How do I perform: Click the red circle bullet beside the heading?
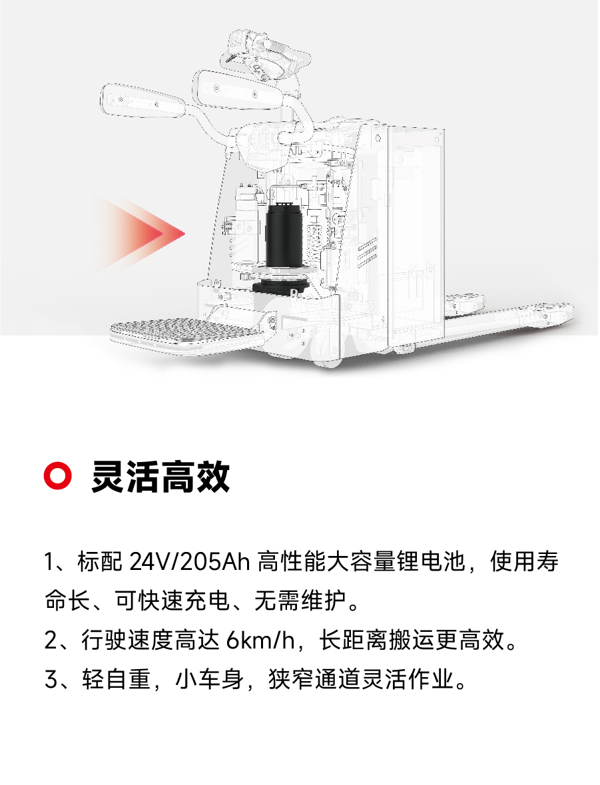(x=58, y=475)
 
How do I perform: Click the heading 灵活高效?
(x=160, y=476)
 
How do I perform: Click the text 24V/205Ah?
(x=190, y=562)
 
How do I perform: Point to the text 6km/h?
(x=260, y=640)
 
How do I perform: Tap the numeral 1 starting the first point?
(x=49, y=562)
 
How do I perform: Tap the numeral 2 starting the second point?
(x=51, y=641)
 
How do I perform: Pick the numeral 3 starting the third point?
(x=51, y=679)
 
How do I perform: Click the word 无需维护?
(x=300, y=601)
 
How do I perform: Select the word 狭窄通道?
(x=314, y=679)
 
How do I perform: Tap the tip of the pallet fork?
(x=570, y=308)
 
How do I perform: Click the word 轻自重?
(x=116, y=679)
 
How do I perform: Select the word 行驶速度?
(x=127, y=641)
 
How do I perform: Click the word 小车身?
(x=209, y=679)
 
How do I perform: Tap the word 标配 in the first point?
(x=99, y=562)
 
